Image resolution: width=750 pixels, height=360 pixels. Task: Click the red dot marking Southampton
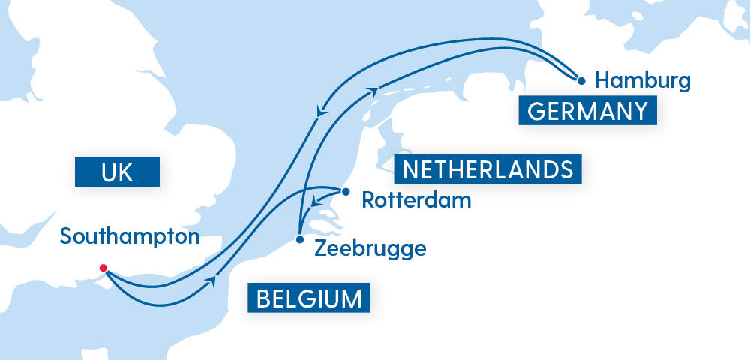[x=103, y=268]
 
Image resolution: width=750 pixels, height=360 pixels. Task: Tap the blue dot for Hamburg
[x=580, y=79]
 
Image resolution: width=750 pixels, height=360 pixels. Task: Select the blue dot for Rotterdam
[x=345, y=191]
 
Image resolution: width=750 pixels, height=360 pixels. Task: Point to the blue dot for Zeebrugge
[x=300, y=240]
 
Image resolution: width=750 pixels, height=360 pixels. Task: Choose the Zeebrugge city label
[x=371, y=247]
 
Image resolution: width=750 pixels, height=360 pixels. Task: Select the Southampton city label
[x=130, y=237]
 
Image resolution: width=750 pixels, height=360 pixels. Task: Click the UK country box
[x=117, y=172]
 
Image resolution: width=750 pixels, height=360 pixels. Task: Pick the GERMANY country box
[x=587, y=112]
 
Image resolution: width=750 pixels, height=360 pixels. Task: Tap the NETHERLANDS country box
[x=488, y=169]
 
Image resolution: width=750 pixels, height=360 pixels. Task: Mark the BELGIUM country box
[x=309, y=298]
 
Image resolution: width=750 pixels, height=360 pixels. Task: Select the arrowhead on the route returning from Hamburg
[x=322, y=113]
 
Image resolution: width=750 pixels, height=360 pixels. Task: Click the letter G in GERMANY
[x=536, y=112]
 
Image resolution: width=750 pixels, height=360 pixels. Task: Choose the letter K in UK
[x=126, y=172]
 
